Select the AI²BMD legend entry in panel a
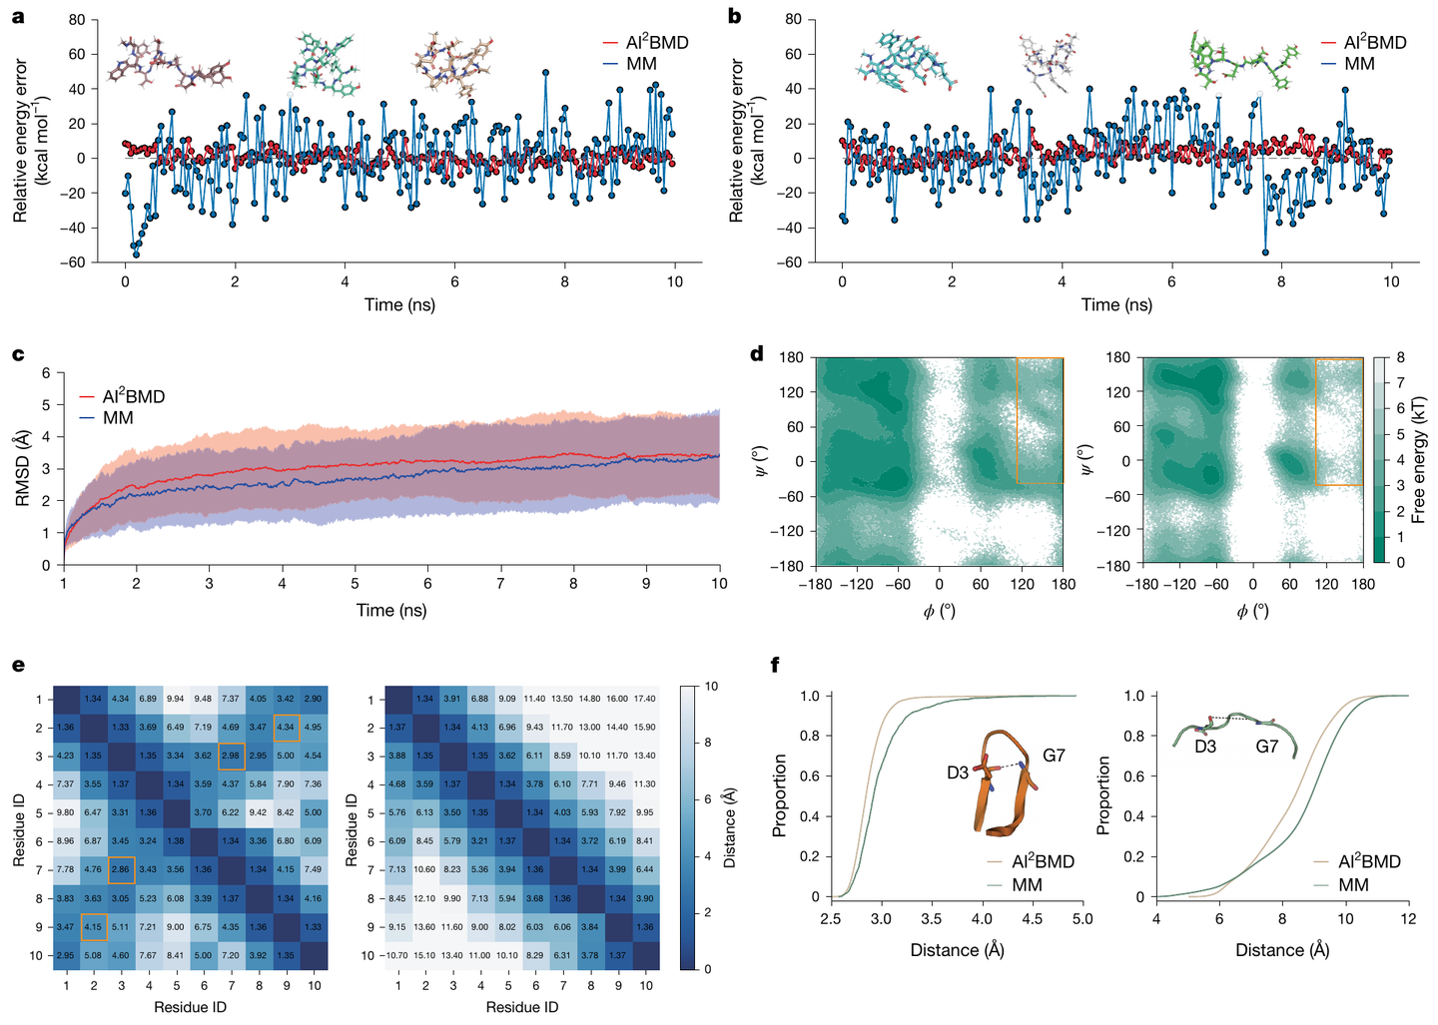click(x=645, y=43)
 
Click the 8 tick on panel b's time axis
click(x=1281, y=282)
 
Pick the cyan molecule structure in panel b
click(x=904, y=59)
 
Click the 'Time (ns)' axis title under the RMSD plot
click(x=391, y=610)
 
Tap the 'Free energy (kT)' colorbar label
click(x=1418, y=460)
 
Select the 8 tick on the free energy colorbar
click(x=1401, y=357)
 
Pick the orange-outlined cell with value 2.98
click(x=232, y=756)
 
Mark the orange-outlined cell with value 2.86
click(x=122, y=869)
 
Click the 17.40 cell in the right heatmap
click(x=645, y=700)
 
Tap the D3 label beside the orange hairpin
click(x=957, y=772)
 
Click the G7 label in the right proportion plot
click(x=1266, y=747)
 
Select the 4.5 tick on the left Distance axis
click(x=1033, y=918)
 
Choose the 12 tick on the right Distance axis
click(x=1407, y=918)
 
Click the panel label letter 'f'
click(x=776, y=664)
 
